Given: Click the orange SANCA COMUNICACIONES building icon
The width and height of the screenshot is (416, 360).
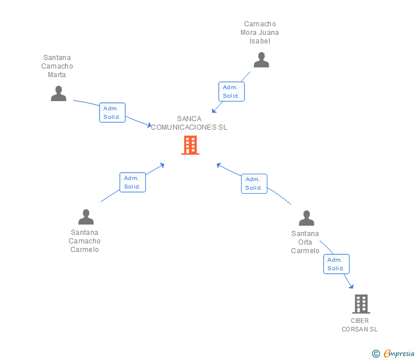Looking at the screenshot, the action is (x=190, y=145).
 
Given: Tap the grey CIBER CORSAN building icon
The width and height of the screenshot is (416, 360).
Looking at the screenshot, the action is (x=361, y=304).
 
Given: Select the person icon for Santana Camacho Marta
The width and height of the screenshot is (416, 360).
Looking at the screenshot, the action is (x=58, y=94).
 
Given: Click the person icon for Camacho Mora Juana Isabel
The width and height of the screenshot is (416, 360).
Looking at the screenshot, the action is (x=261, y=60).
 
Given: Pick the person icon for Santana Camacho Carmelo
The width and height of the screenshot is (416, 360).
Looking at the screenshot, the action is (x=86, y=217).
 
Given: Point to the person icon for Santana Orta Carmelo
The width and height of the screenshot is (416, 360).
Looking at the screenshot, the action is (x=306, y=218).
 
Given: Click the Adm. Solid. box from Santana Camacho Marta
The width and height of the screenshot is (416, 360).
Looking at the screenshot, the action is (x=112, y=113).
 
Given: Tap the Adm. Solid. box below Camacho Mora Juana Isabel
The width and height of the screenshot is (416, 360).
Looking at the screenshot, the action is (x=231, y=91).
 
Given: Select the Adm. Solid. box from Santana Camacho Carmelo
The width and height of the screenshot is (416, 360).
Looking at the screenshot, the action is (x=133, y=182).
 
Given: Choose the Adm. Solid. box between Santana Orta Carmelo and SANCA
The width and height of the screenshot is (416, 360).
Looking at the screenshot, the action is (x=254, y=183).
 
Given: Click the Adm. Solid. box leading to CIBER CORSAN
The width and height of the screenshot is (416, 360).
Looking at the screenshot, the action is (x=336, y=264).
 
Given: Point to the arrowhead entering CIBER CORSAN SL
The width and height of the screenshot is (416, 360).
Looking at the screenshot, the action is (x=351, y=287).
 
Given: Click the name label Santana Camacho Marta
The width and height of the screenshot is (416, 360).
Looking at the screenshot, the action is (x=57, y=66).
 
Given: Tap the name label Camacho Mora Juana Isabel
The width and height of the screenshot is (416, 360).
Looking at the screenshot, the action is (x=260, y=33).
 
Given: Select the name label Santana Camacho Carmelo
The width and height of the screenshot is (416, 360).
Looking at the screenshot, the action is (x=85, y=241).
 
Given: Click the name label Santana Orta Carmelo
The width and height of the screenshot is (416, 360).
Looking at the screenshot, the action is (x=305, y=242).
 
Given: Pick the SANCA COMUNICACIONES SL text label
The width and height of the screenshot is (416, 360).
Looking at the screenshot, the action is (x=189, y=123).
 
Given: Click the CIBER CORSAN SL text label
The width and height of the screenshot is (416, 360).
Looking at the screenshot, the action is (x=360, y=325).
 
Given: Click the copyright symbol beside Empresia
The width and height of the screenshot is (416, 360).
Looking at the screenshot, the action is (x=376, y=354).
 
